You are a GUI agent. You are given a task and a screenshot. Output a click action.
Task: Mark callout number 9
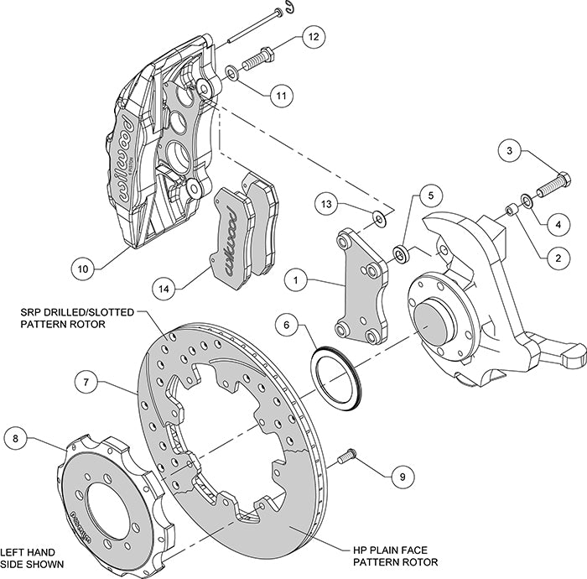tap(402, 476)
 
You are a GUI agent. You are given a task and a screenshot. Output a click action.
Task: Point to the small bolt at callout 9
tap(345, 457)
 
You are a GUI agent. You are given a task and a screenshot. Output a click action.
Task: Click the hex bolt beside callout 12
tap(256, 61)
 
